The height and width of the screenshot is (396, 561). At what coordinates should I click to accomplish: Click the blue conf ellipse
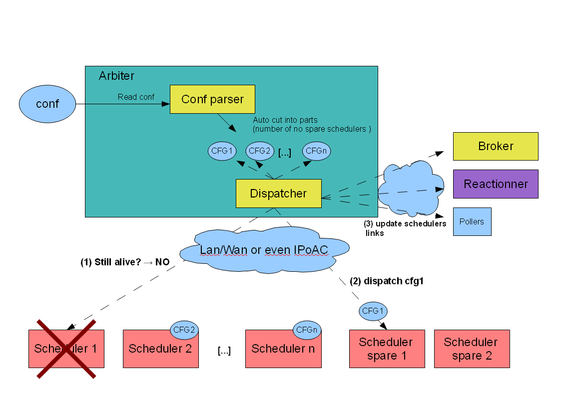[x=47, y=104]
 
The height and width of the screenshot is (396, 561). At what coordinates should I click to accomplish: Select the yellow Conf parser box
[x=212, y=99]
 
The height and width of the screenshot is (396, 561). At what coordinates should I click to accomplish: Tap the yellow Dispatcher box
[x=278, y=194]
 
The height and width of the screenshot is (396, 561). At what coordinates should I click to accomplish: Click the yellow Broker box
[x=496, y=146]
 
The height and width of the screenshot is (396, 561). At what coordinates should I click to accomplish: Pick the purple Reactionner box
[x=496, y=184]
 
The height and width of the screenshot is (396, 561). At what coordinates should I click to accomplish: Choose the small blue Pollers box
[x=472, y=221]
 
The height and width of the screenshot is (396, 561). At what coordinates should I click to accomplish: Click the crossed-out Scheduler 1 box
[x=66, y=349]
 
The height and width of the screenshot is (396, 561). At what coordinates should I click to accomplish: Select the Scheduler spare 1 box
[x=387, y=349]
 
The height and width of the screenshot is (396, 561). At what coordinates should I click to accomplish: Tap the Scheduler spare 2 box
[x=472, y=349]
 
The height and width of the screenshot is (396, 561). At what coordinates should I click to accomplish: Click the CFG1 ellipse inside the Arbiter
[x=222, y=151]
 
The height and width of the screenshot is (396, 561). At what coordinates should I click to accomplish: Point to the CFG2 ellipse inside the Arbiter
[x=260, y=151]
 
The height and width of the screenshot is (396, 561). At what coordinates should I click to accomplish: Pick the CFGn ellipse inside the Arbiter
[x=317, y=151]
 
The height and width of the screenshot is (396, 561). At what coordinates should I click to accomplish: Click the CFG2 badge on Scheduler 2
[x=184, y=330]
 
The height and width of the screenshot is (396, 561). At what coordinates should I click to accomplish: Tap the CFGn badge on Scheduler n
[x=307, y=330]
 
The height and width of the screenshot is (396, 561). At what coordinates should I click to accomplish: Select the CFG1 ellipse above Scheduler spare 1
[x=373, y=311]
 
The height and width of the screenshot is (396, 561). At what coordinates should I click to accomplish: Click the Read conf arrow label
[x=136, y=97]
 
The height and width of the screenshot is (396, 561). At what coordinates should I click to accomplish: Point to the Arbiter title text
[x=116, y=76]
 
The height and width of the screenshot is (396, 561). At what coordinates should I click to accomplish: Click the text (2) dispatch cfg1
[x=387, y=281]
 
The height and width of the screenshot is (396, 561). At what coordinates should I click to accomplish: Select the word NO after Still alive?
[x=162, y=262]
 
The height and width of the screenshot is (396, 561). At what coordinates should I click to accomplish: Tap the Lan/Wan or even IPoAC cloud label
[x=264, y=249]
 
